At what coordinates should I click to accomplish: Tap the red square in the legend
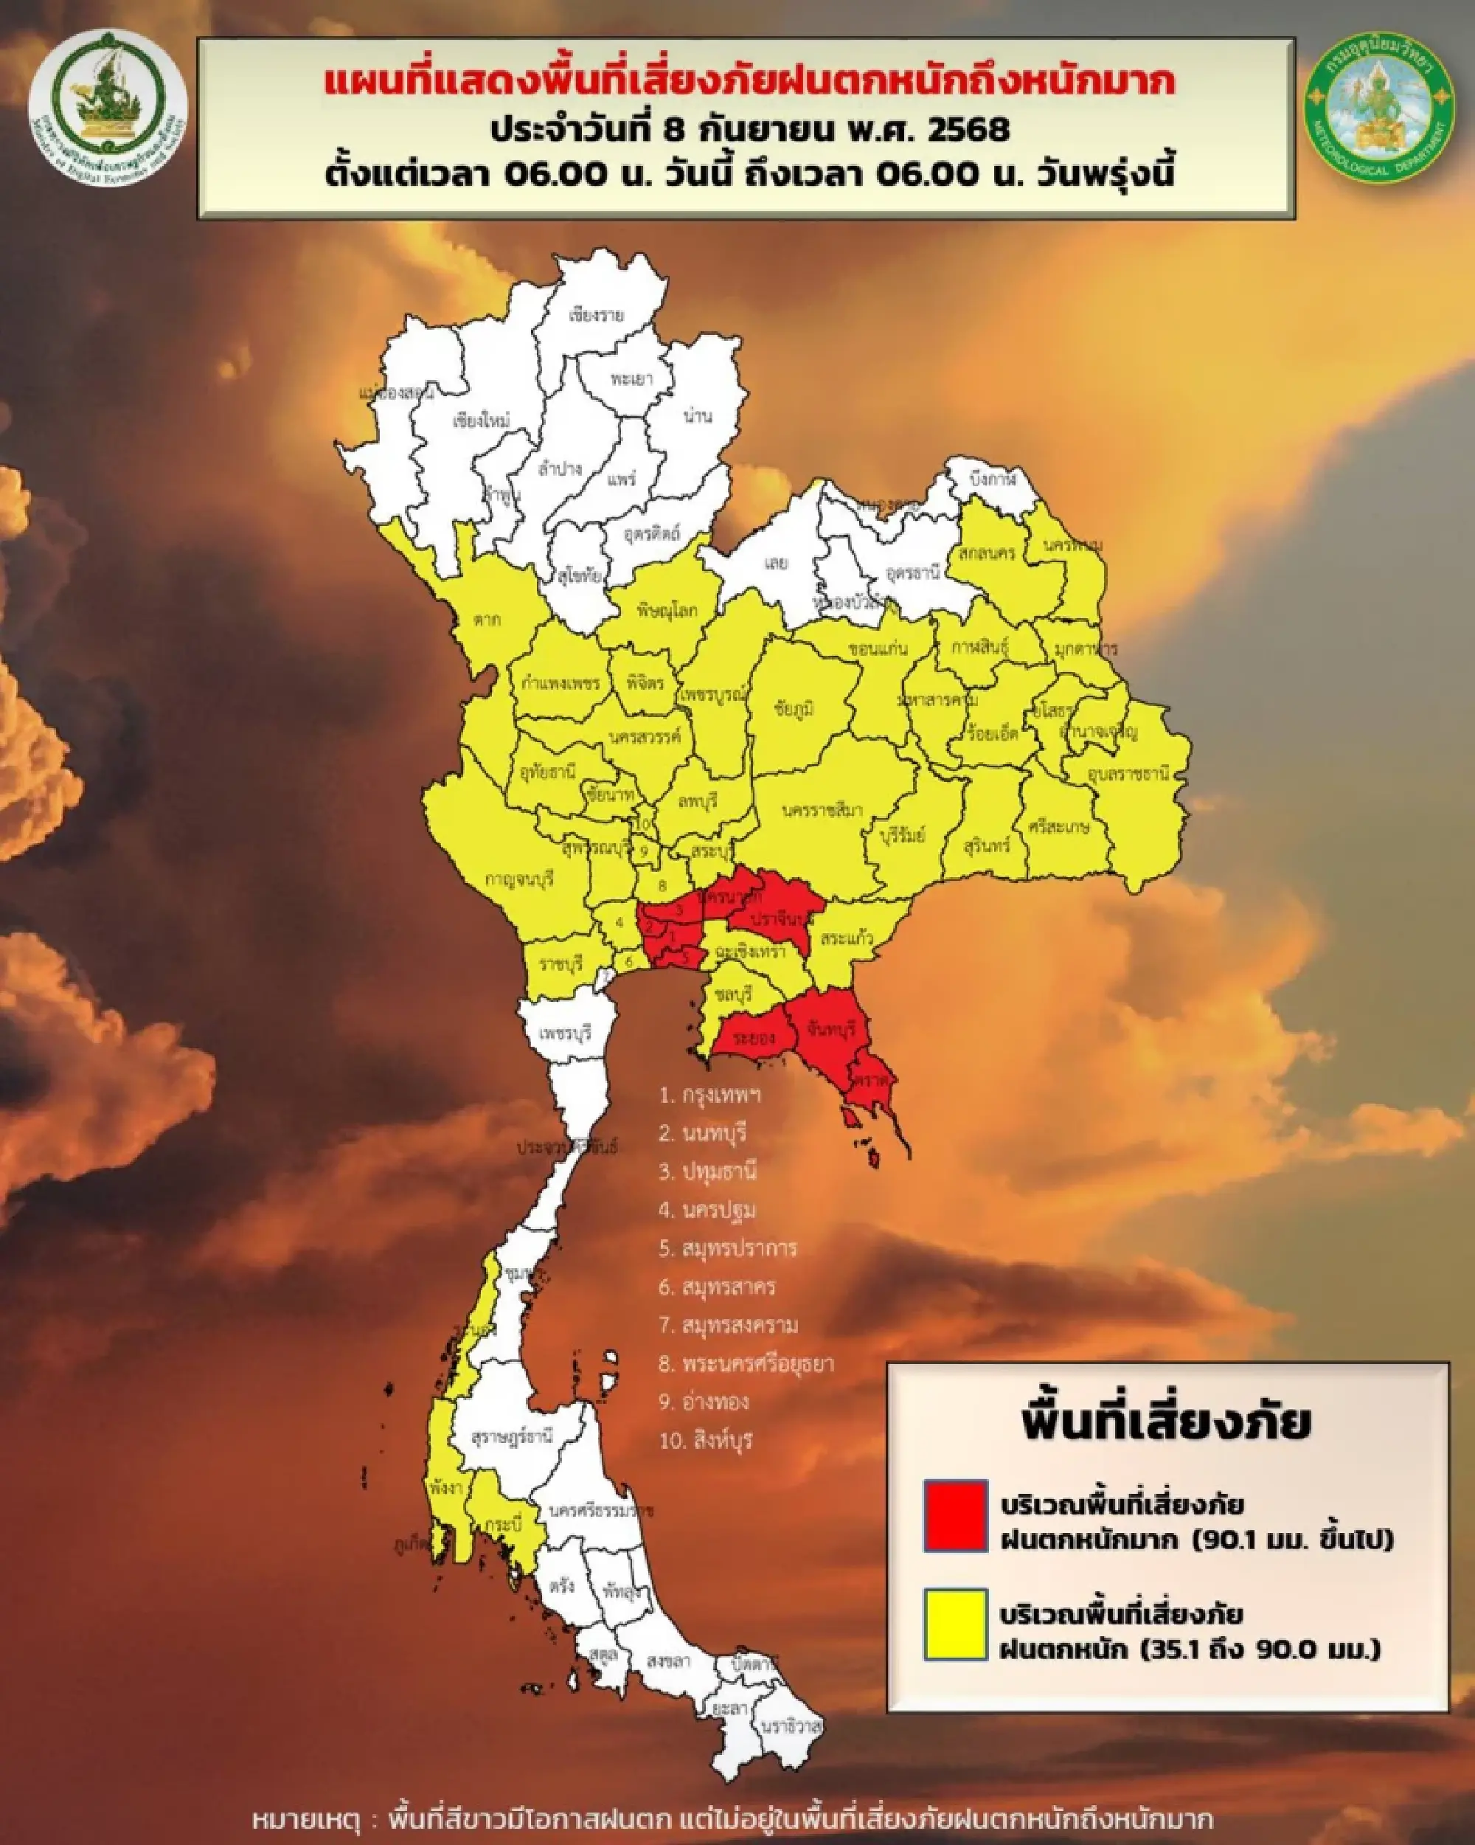point(956,1515)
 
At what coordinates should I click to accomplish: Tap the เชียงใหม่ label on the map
point(481,421)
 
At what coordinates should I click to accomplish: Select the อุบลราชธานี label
point(1128,775)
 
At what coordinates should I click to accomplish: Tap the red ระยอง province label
point(754,1038)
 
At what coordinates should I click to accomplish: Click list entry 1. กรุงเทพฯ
point(710,1095)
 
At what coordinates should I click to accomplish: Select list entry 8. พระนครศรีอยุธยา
point(745,1363)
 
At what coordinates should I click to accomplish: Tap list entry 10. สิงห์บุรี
point(706,1440)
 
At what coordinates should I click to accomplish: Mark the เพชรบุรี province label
point(566,1033)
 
